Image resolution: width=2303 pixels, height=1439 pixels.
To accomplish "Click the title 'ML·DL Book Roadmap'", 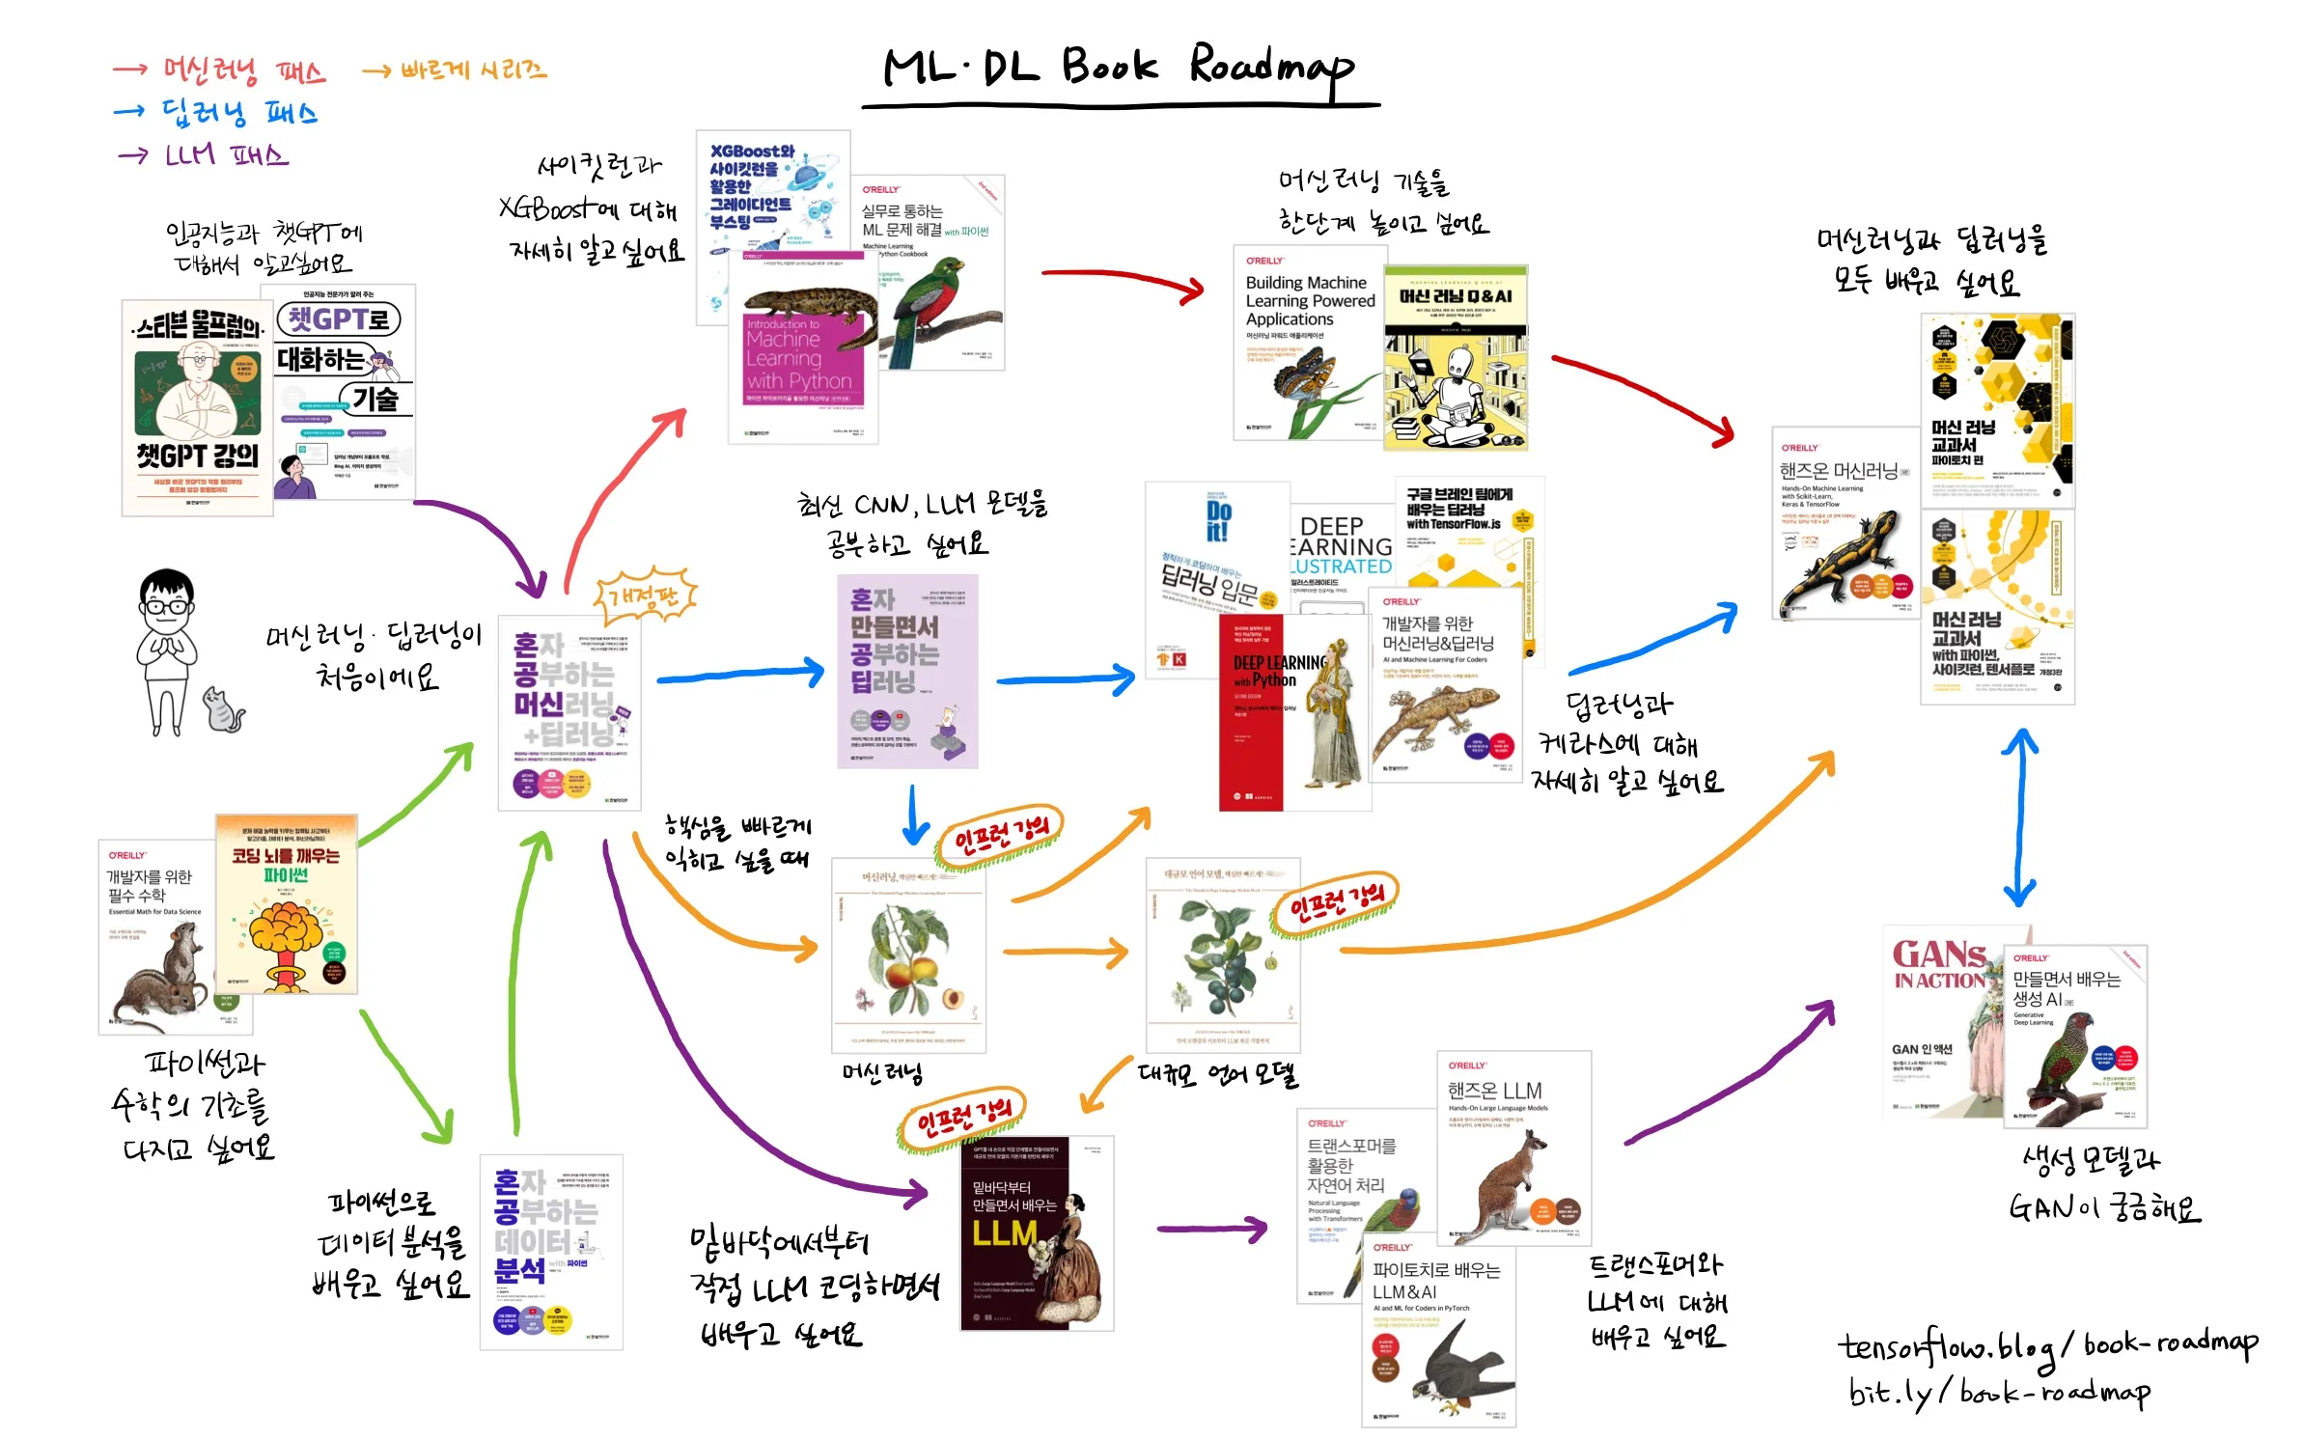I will point(1120,68).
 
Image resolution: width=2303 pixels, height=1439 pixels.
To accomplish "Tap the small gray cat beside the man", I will point(223,711).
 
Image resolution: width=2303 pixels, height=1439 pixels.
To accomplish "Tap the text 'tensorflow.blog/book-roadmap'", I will point(2046,1344).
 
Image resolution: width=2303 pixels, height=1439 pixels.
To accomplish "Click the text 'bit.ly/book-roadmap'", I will point(1998,1391).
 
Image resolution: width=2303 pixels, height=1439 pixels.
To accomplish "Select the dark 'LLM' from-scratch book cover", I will point(1035,1233).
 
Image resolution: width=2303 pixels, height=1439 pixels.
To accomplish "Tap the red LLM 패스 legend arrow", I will point(133,155).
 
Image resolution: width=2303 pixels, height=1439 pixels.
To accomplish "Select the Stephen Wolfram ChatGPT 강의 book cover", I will point(197,407).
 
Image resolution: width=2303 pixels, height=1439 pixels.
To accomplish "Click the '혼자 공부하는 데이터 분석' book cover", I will point(550,1252).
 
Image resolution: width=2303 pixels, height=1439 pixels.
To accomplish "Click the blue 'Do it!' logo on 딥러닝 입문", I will point(1218,521).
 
